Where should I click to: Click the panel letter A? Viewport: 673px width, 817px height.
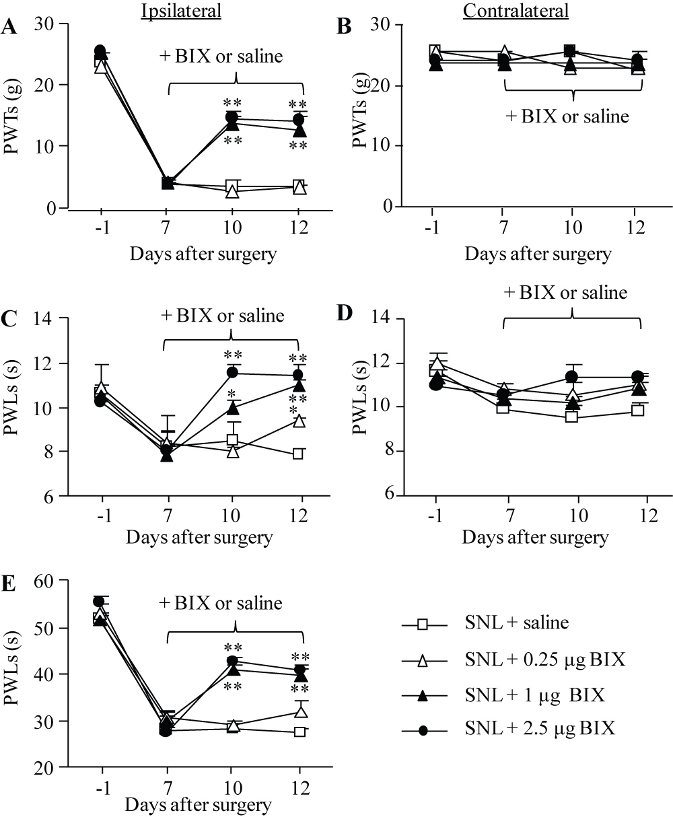(x=9, y=28)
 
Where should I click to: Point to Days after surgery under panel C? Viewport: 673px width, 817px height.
(x=201, y=537)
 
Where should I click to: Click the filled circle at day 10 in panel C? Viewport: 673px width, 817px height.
(x=232, y=372)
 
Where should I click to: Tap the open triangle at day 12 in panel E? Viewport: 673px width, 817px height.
(x=301, y=711)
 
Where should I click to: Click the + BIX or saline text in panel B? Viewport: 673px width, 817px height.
(x=567, y=116)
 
